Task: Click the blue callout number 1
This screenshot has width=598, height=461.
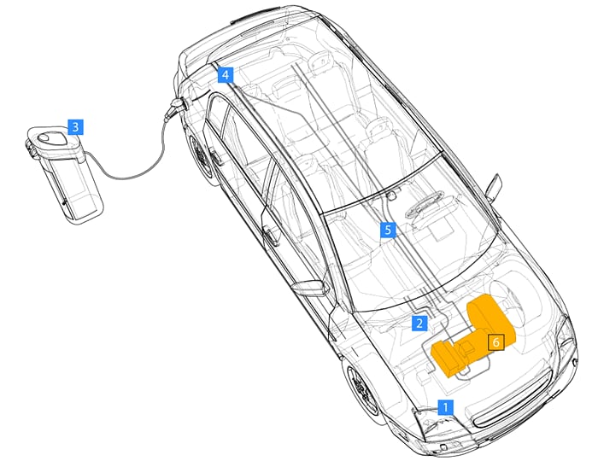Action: (444, 406)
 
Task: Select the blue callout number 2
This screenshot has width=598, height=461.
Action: (419, 323)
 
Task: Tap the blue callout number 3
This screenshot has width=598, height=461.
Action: (76, 127)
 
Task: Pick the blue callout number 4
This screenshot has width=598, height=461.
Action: (225, 75)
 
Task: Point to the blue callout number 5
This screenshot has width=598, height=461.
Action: (388, 230)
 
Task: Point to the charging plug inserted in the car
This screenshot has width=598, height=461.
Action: (178, 107)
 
